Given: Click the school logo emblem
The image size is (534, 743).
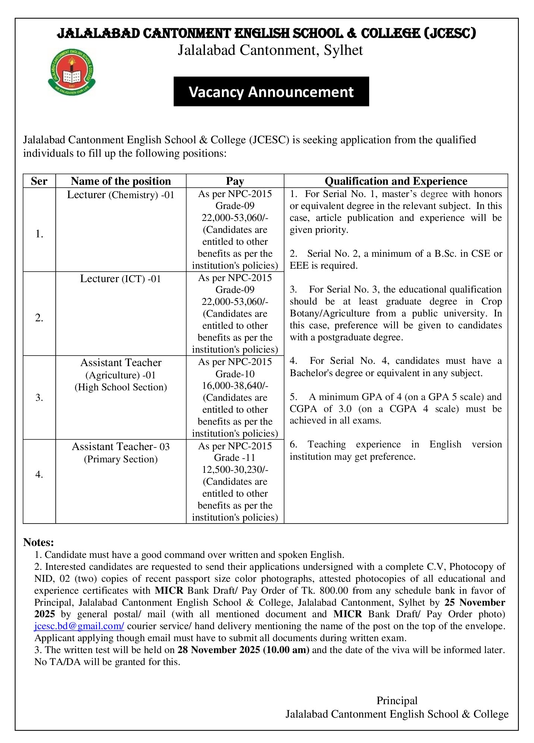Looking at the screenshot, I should [x=72, y=72].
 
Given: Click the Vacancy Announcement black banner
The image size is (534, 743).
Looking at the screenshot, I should [x=271, y=92].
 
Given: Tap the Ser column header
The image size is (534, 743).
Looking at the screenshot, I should [x=39, y=181].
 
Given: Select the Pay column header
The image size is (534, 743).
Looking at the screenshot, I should [x=235, y=181].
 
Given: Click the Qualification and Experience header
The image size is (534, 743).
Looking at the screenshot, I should [x=396, y=181].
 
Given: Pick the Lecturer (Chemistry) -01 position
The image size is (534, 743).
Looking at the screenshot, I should [x=120, y=195].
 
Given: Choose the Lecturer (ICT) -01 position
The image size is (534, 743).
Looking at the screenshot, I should [x=120, y=279].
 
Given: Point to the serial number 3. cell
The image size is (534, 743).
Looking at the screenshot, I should [x=39, y=397].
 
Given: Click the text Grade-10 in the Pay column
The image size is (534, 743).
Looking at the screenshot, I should [x=235, y=374].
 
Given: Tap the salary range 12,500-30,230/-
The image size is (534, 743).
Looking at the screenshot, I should [x=235, y=469].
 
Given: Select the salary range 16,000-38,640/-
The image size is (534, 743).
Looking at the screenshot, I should [x=235, y=385].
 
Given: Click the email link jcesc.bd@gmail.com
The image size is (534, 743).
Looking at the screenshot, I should [x=79, y=626].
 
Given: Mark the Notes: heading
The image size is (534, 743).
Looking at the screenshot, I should [x=38, y=542].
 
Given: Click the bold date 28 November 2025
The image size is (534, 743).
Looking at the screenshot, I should [x=219, y=650].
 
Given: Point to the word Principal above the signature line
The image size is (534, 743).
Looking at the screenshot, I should [x=397, y=700].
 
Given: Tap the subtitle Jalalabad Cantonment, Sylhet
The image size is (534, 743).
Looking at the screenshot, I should [x=270, y=50].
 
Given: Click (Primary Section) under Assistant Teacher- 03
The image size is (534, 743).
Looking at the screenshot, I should [x=120, y=459].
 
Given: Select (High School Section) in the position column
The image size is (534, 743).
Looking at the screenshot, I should [x=120, y=387].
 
